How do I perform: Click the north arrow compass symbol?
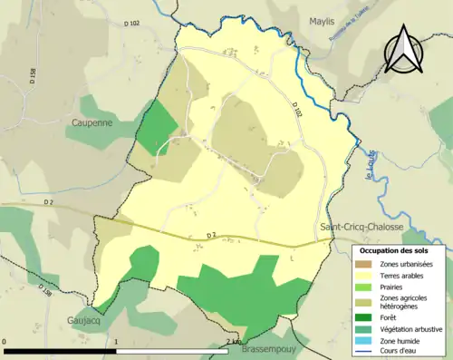click(x=402, y=49)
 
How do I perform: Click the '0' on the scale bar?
click(x=6, y=342)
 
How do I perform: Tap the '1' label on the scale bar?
click(x=116, y=342)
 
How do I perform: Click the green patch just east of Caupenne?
click(x=156, y=127)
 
